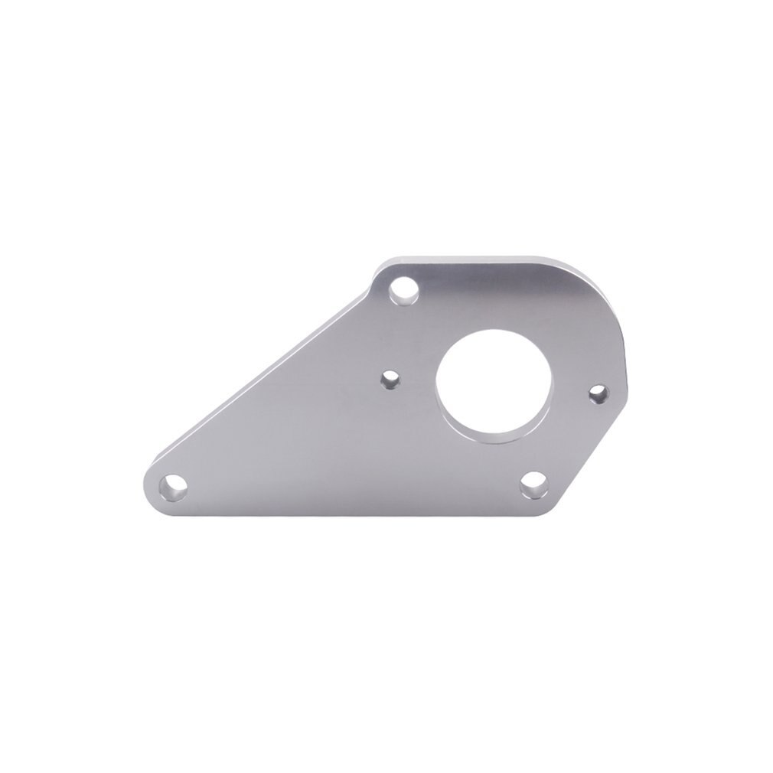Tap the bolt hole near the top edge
[401, 292]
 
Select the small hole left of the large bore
[390, 379]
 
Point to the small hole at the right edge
[598, 393]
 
